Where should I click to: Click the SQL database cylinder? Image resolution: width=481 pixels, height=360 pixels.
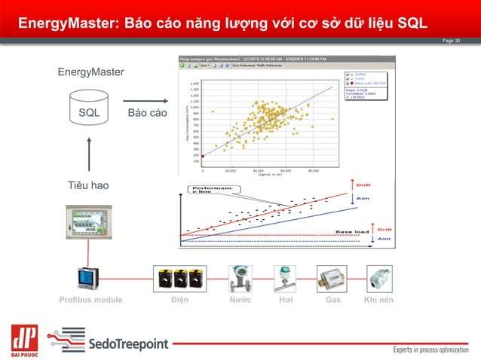pyautogui.click(x=89, y=111)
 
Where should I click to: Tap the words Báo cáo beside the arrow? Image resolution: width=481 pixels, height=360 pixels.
pyautogui.click(x=147, y=113)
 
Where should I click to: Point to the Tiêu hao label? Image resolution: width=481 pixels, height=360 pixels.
pyautogui.click(x=88, y=185)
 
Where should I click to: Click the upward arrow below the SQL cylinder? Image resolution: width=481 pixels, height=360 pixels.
pyautogui.click(x=89, y=154)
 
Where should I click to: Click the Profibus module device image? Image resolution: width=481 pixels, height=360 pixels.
pyautogui.click(x=90, y=278)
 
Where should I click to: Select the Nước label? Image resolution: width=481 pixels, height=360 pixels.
pyautogui.click(x=240, y=300)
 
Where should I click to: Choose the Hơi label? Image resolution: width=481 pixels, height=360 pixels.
pyautogui.click(x=284, y=300)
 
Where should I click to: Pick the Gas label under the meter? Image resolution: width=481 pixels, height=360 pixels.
pyautogui.click(x=332, y=300)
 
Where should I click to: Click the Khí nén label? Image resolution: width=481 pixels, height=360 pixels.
pyautogui.click(x=379, y=300)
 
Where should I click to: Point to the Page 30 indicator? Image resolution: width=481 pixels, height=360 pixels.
pyautogui.click(x=451, y=40)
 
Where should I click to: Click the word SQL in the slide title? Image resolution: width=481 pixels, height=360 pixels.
pyautogui.click(x=421, y=21)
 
